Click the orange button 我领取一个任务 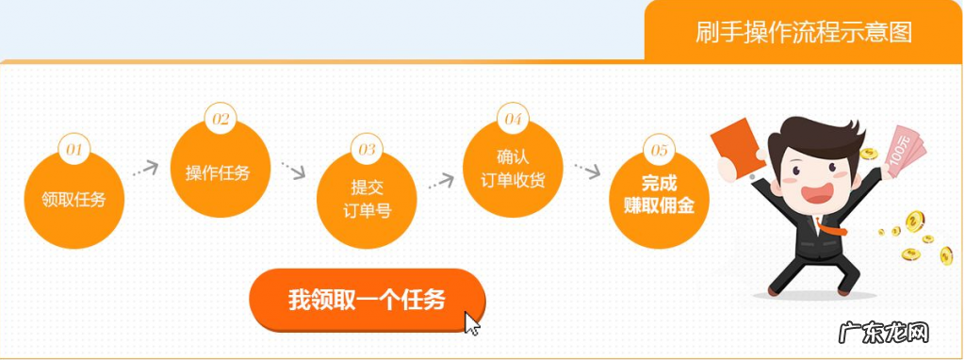[x=367, y=300]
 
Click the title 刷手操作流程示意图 [x=804, y=32]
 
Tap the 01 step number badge [x=74, y=149]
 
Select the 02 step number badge [x=221, y=119]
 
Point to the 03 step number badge [x=367, y=149]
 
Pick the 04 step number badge [x=513, y=119]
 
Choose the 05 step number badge [x=659, y=149]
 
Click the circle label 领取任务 [x=74, y=199]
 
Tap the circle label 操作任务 [x=220, y=172]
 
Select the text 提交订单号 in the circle [x=367, y=199]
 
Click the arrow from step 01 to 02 [x=145, y=169]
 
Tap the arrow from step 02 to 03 [x=293, y=172]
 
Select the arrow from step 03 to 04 [x=440, y=179]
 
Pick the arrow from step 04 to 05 [x=587, y=172]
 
